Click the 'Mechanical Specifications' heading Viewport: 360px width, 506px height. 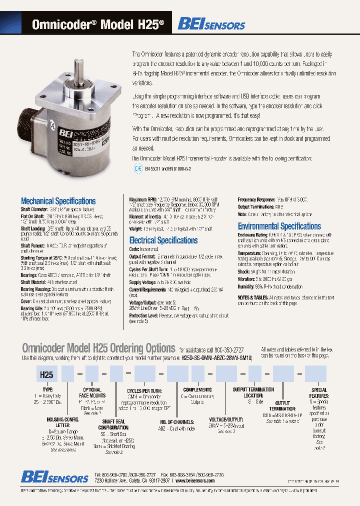point(58,201)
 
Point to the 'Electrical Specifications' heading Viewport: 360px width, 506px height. point(163,240)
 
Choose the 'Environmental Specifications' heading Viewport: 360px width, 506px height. point(279,226)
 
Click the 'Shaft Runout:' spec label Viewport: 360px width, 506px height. point(32,246)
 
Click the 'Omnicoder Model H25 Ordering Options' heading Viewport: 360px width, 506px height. point(98,348)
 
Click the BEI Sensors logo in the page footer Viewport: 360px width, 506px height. point(54,477)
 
